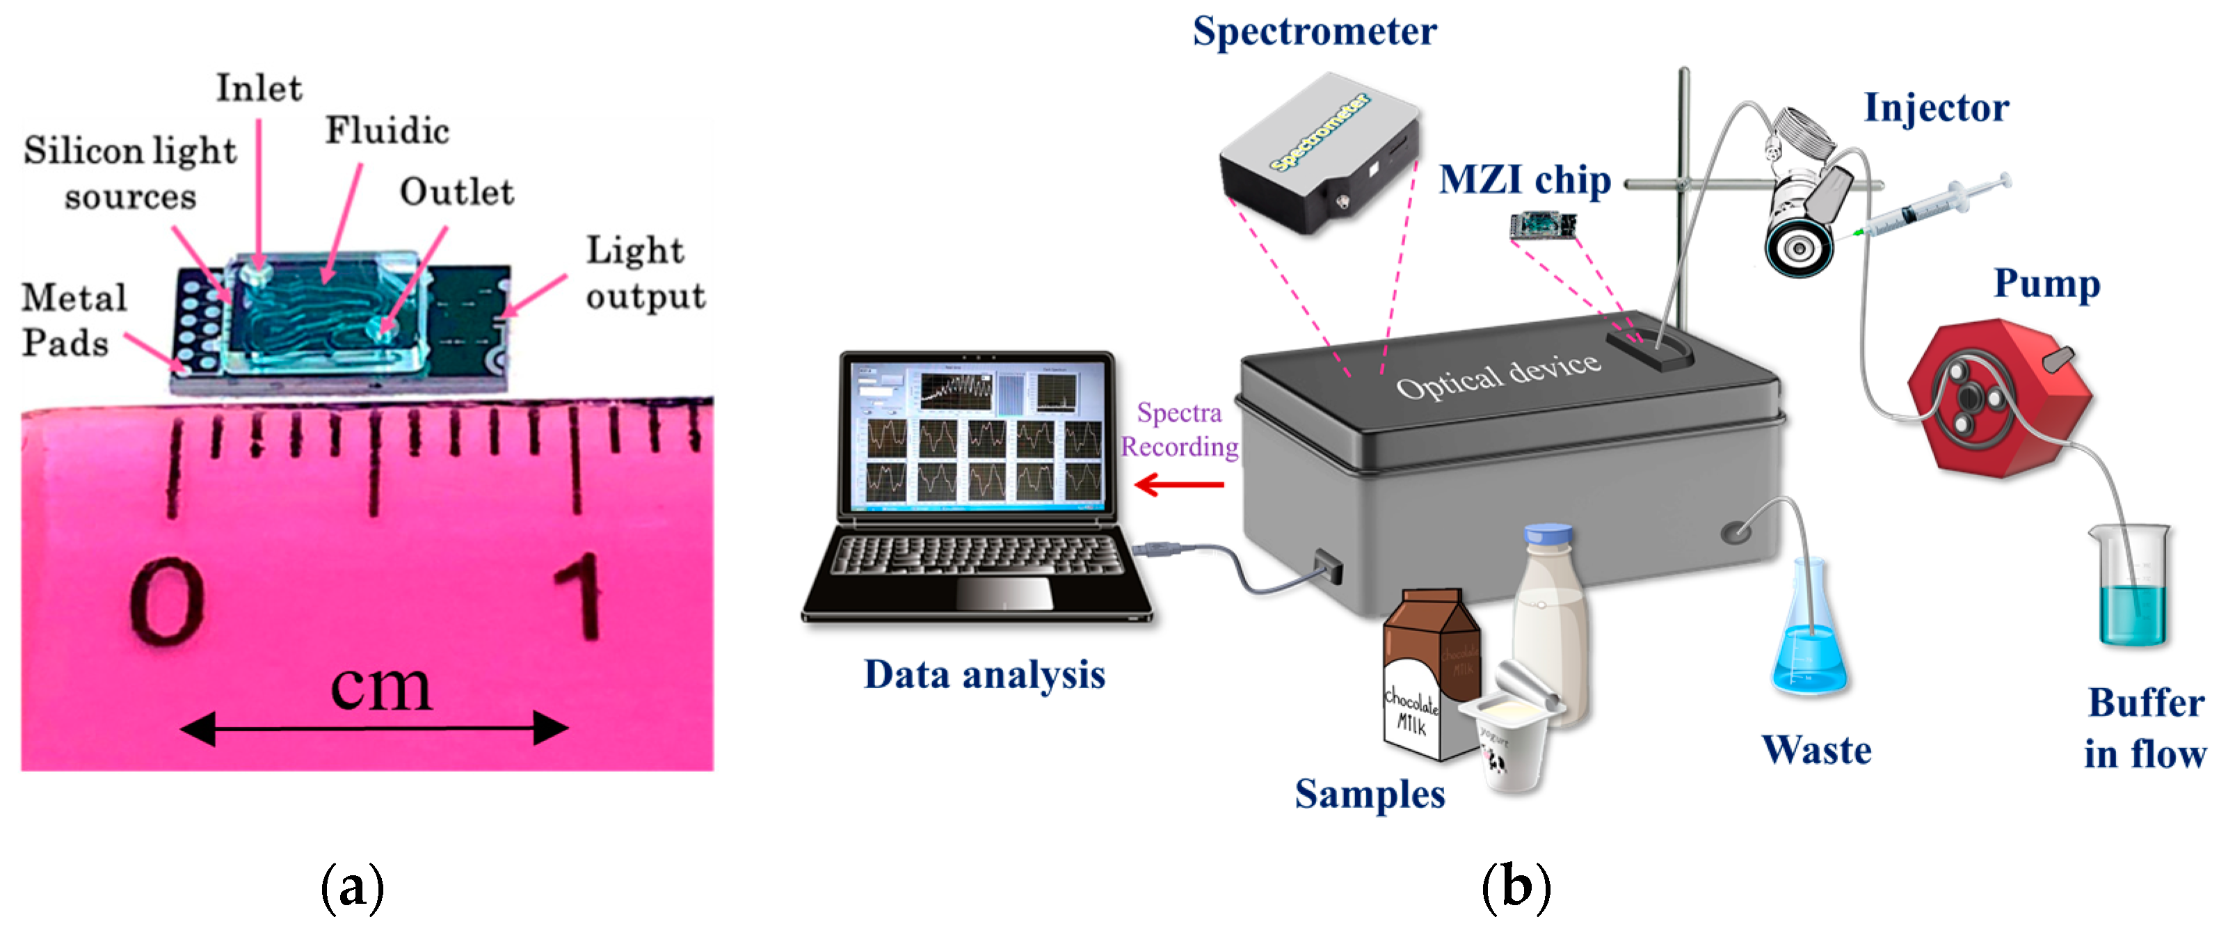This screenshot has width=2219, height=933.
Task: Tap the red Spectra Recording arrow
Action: pyautogui.click(x=1178, y=484)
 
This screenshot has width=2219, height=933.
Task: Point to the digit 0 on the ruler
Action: pyautogui.click(x=166, y=600)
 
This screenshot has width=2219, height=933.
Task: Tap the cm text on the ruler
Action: pyautogui.click(x=380, y=687)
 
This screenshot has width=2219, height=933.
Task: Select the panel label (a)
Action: pyautogui.click(x=351, y=886)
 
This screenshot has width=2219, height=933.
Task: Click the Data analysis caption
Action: pyautogui.click(x=984, y=675)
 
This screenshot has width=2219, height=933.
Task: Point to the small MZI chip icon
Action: pyautogui.click(x=1542, y=225)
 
